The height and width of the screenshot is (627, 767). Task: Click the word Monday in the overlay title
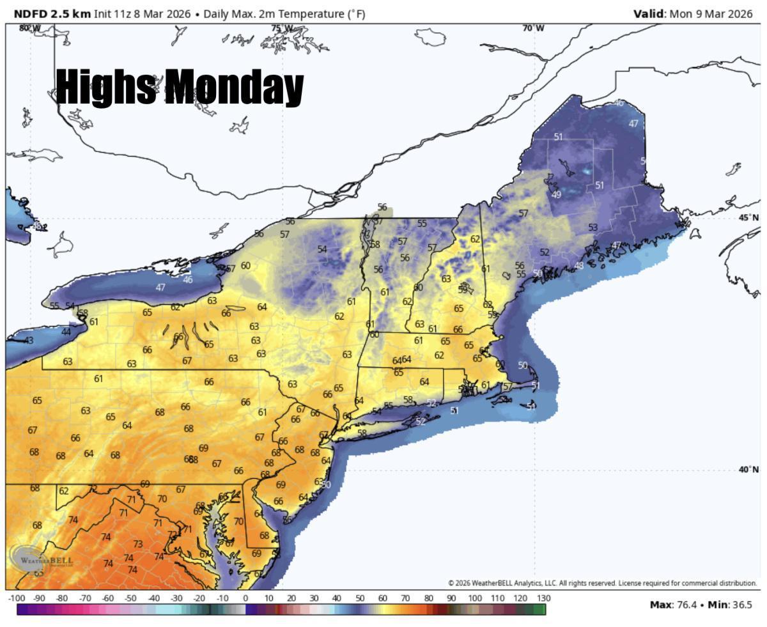click(234, 88)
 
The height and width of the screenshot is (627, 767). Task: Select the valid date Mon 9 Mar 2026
click(711, 13)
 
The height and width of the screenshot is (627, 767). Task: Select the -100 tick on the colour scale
click(16, 598)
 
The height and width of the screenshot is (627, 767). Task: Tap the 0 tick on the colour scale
click(245, 598)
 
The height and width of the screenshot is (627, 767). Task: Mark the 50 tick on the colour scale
click(360, 598)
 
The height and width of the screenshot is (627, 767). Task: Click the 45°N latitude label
click(748, 217)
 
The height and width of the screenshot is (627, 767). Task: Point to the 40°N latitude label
click(748, 470)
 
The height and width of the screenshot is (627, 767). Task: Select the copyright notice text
click(602, 583)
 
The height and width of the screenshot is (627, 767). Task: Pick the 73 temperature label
click(138, 544)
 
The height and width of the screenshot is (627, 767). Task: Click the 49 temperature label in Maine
click(556, 194)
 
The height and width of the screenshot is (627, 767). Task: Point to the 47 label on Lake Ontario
click(160, 288)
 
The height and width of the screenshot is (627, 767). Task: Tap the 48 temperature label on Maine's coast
click(578, 265)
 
